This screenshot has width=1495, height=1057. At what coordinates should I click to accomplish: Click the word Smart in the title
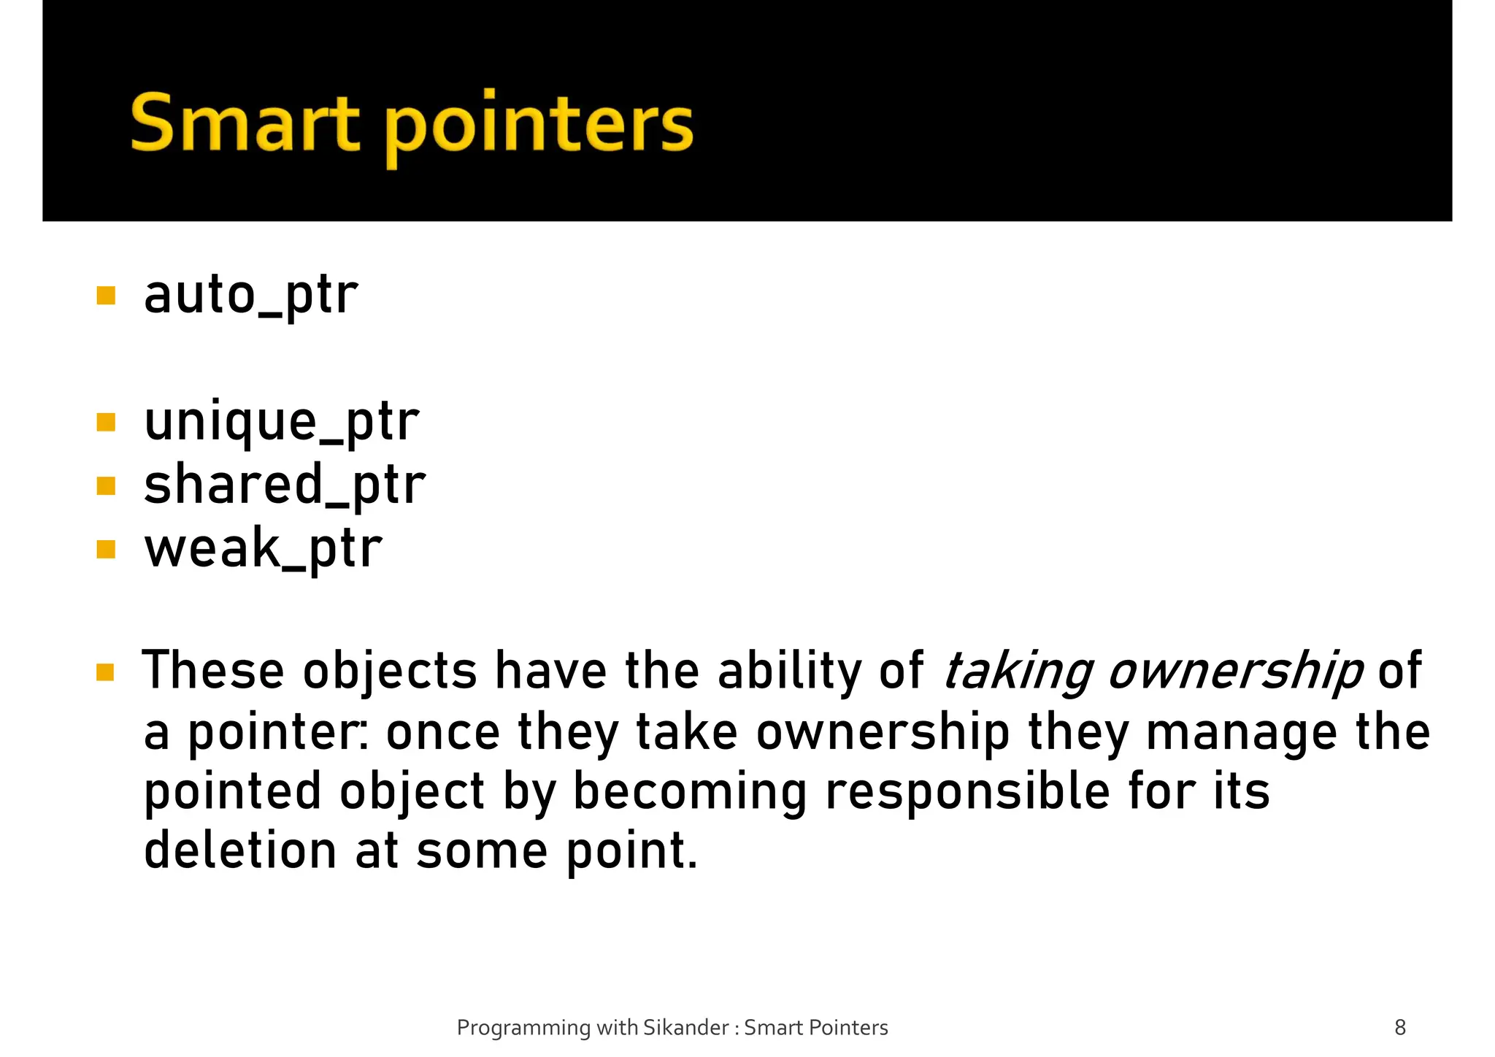pos(245,123)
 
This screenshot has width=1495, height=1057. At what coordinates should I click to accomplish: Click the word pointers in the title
pos(539,126)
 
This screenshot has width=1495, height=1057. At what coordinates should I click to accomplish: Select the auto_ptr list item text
pos(250,295)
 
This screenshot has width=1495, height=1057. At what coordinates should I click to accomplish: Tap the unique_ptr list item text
pos(281,422)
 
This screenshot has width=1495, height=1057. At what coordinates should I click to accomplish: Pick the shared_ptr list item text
pos(285,485)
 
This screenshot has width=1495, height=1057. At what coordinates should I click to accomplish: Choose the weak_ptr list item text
pos(263,548)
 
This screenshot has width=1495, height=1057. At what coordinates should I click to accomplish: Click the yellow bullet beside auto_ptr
pos(106,296)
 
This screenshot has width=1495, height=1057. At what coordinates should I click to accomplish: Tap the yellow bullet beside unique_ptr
pos(106,423)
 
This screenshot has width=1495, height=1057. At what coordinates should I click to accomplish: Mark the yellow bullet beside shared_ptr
pos(106,485)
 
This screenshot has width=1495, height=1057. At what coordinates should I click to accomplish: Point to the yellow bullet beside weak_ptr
pos(106,549)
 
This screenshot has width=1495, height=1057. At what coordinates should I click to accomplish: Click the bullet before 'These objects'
pos(106,672)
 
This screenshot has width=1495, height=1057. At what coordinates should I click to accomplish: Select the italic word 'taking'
pos(1018,672)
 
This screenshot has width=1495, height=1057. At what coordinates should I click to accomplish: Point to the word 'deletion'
pos(240,852)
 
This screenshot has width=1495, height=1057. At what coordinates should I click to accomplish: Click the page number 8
pos(1400,1028)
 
